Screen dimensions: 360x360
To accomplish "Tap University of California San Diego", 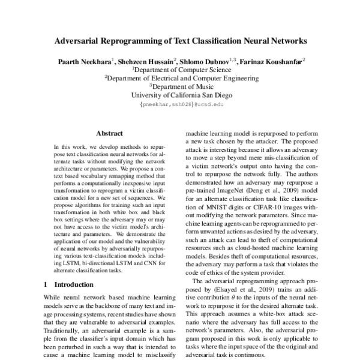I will click(x=180, y=94).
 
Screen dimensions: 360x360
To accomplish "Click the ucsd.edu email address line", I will click(x=180, y=103).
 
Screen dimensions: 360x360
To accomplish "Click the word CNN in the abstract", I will click(x=143, y=263).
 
